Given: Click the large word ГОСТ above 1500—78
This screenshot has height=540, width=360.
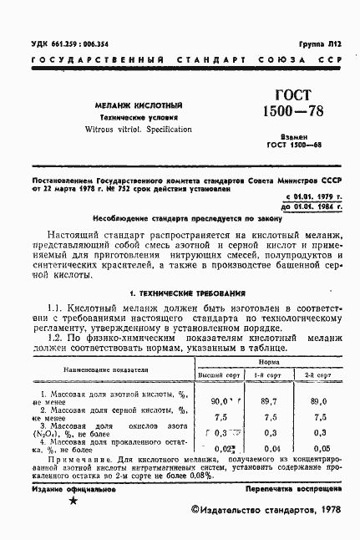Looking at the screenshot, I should [287, 97].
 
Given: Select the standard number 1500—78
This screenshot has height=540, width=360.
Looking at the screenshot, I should [287, 112].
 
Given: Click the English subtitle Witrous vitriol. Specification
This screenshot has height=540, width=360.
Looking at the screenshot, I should [124, 130].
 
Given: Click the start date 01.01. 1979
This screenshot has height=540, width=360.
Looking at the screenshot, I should [310, 194].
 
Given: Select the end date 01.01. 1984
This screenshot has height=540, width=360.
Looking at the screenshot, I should [309, 203].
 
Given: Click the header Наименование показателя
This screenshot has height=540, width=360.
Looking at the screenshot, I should [104, 369].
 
